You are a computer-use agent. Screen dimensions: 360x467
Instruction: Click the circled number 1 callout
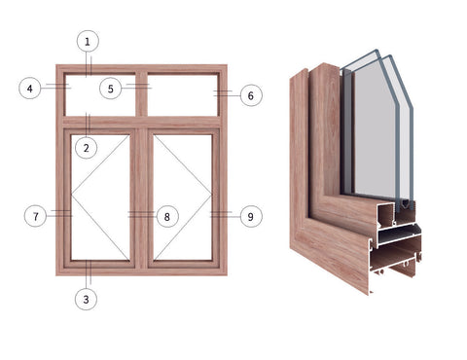click(x=89, y=41)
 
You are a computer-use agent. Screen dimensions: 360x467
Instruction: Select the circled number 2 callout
click(x=88, y=148)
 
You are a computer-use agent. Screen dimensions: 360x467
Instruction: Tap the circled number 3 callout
click(x=88, y=299)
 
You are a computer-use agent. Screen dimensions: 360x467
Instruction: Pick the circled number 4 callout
click(x=30, y=89)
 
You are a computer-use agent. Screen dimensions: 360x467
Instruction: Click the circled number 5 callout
click(x=111, y=89)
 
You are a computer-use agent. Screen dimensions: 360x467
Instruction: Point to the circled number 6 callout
click(x=250, y=95)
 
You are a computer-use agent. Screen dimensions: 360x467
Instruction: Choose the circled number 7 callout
click(x=35, y=215)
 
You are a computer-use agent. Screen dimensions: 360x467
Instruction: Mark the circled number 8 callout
click(x=166, y=215)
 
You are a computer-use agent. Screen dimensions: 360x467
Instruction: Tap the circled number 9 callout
click(x=250, y=215)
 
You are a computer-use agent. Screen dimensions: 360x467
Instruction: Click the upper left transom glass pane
click(x=101, y=94)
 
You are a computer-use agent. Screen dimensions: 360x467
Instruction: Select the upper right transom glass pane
click(x=182, y=94)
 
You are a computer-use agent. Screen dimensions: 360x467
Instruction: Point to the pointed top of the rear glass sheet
click(x=389, y=55)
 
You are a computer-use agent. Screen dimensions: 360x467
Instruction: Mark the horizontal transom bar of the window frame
click(x=141, y=123)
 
